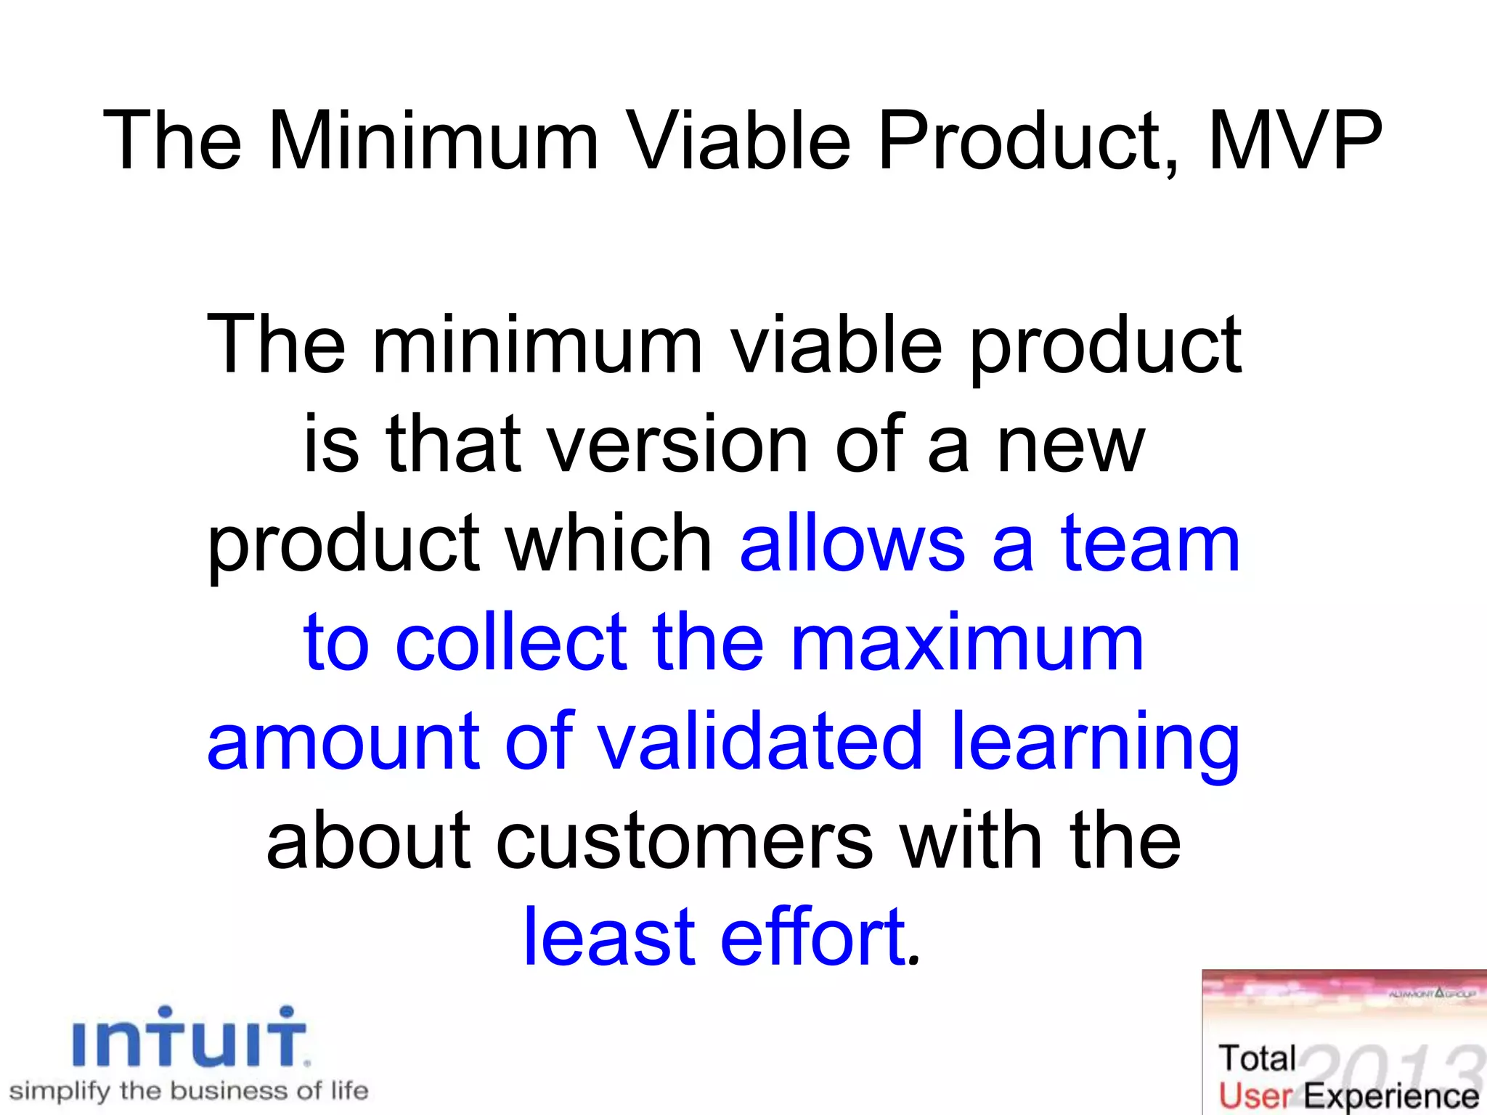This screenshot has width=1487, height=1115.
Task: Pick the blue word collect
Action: point(511,642)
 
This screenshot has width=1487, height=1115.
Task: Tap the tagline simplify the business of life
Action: point(189,1090)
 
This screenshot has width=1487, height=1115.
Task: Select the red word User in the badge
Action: point(1255,1096)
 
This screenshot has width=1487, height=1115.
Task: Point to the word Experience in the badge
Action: point(1391,1096)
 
